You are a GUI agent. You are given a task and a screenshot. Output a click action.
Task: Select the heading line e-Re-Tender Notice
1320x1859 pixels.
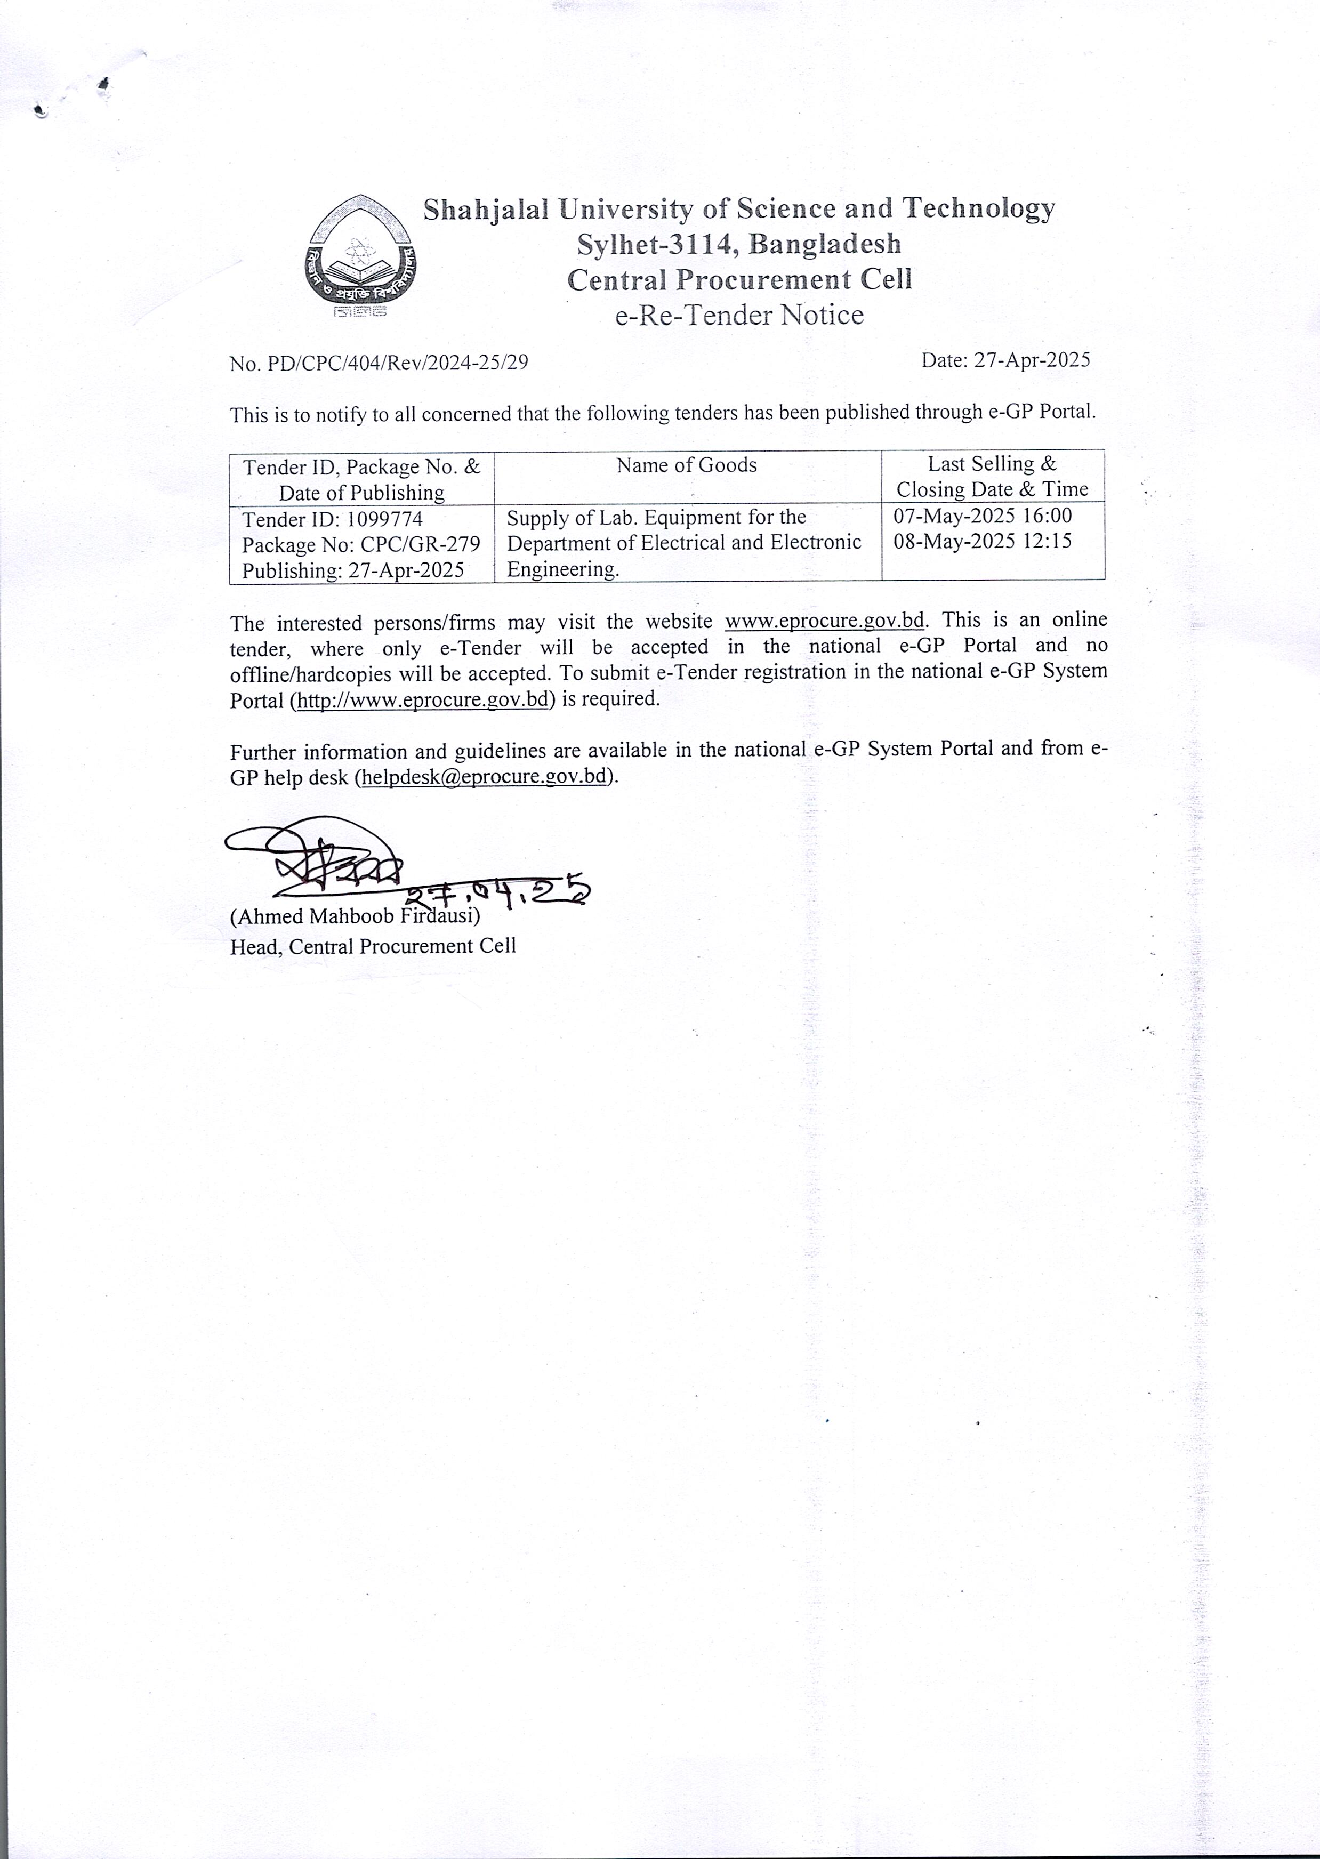click(739, 315)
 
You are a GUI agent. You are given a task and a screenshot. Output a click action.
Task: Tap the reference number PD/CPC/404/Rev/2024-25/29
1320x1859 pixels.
click(398, 363)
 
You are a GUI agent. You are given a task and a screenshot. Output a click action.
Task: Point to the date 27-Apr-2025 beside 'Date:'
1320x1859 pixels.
click(1032, 360)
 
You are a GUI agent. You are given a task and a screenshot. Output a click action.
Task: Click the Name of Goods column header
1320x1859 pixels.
click(686, 465)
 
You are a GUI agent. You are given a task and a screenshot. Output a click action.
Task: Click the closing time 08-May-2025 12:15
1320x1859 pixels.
click(983, 541)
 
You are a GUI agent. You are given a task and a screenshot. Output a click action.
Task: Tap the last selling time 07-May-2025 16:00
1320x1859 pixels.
click(983, 516)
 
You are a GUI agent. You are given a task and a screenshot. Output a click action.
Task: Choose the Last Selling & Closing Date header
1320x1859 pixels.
click(993, 476)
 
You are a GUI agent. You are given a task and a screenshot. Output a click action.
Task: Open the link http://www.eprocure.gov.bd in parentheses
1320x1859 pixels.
click(423, 699)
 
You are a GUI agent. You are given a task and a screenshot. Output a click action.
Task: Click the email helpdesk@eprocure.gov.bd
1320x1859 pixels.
click(485, 776)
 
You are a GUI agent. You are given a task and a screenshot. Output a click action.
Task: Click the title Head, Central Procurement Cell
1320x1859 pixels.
click(373, 946)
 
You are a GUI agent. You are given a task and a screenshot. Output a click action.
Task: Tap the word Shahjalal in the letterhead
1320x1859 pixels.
click(486, 209)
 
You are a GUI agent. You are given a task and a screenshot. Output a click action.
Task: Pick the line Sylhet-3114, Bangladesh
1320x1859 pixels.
click(739, 243)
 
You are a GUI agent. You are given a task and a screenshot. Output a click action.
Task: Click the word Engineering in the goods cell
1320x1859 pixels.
click(562, 569)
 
